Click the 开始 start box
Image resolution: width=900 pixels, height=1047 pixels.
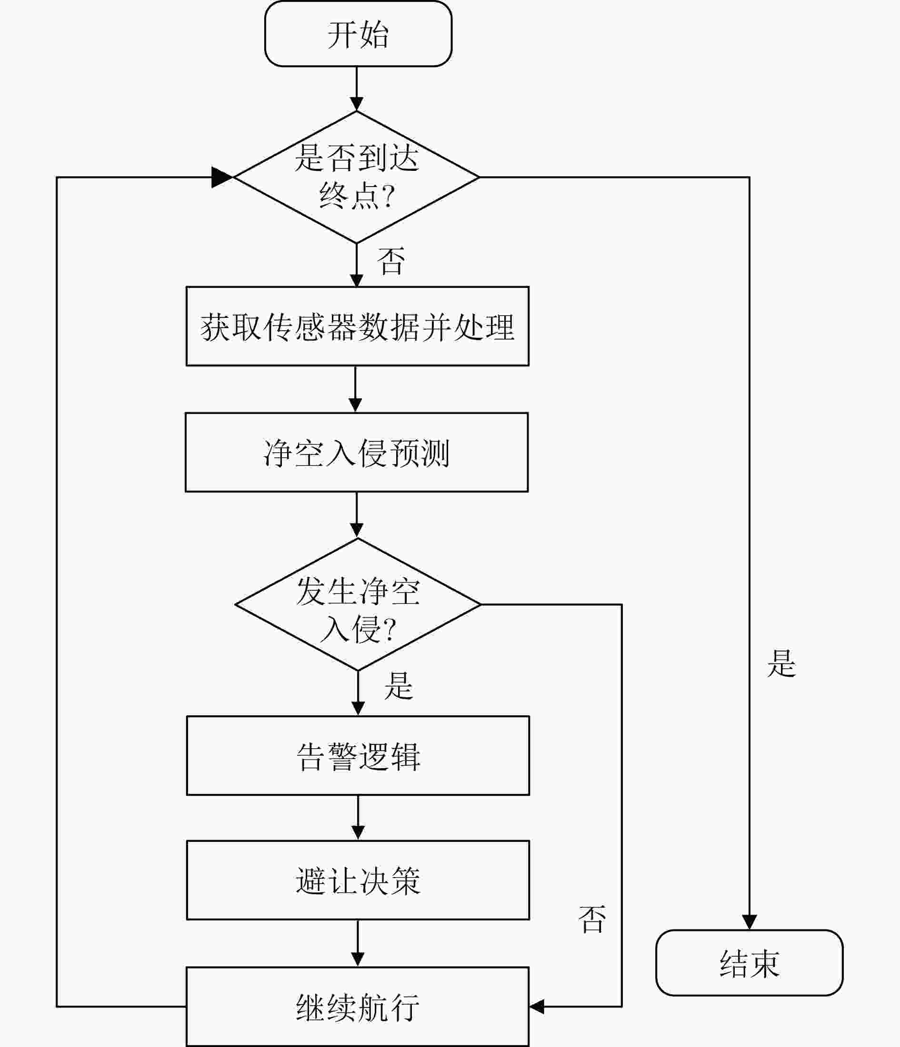pos(358,33)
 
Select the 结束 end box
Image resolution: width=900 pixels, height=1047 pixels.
pos(750,963)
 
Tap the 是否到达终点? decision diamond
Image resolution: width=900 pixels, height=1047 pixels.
pos(357,177)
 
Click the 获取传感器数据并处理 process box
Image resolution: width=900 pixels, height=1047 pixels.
pos(358,326)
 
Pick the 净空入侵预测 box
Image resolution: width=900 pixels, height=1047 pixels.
pos(357,452)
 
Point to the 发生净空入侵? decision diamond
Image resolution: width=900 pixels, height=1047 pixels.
pos(358,604)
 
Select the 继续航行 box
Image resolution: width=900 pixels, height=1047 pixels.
pos(358,1006)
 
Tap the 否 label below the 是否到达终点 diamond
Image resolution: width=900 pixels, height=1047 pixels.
pos(391,261)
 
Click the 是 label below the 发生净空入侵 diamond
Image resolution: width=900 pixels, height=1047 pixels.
pos(399,686)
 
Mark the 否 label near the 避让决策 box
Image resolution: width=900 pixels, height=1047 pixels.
pos(592,919)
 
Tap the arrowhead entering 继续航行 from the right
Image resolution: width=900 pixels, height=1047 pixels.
pos(537,1007)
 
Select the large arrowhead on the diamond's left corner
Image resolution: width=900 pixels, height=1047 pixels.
pos(222,178)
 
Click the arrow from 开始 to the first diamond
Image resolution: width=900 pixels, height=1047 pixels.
pos(357,89)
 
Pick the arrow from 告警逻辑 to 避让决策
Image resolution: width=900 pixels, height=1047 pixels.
pos(358,818)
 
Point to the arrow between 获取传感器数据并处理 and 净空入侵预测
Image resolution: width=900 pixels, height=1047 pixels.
pos(355,389)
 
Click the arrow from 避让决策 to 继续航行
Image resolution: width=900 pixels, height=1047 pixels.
pos(358,943)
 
